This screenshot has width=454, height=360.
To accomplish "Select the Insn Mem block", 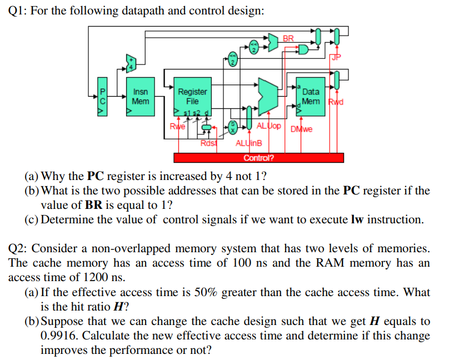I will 141,97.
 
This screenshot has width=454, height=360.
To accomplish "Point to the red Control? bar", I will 258,157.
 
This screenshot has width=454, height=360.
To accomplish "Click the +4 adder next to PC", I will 131,63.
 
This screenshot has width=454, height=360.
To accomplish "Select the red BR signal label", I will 288,38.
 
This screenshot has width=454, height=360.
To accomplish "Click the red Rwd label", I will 336,102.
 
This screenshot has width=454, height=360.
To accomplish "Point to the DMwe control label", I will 301,129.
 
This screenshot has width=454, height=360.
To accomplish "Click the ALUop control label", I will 268,126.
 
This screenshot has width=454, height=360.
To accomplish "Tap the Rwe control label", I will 177,126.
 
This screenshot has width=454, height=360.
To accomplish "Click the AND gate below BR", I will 303,50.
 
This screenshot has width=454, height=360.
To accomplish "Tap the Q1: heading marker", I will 19,11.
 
